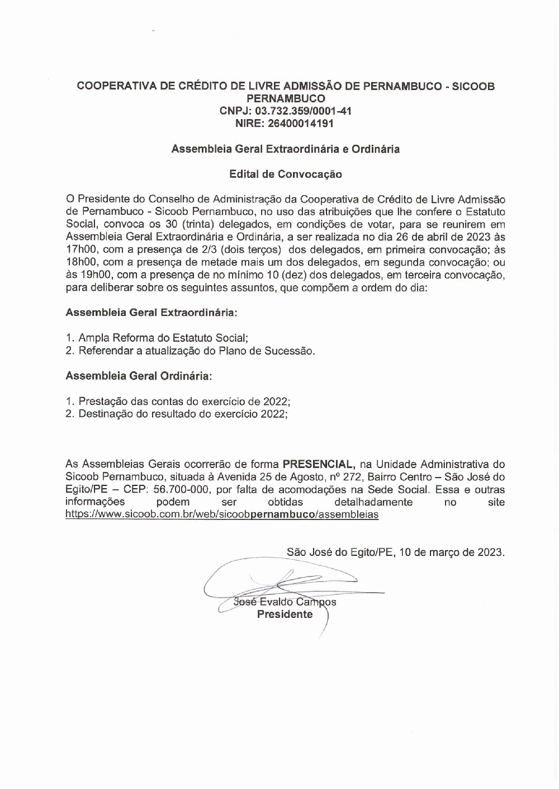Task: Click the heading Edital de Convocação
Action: [286, 174]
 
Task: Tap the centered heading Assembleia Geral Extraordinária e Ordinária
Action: [286, 149]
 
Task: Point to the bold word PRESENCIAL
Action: [319, 464]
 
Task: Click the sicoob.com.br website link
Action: [222, 514]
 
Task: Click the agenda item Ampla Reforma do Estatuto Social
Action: [163, 338]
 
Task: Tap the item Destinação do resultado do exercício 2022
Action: [183, 414]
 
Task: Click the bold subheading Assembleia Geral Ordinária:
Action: [139, 376]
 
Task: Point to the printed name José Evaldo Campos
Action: [285, 602]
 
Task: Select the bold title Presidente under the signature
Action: [285, 615]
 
